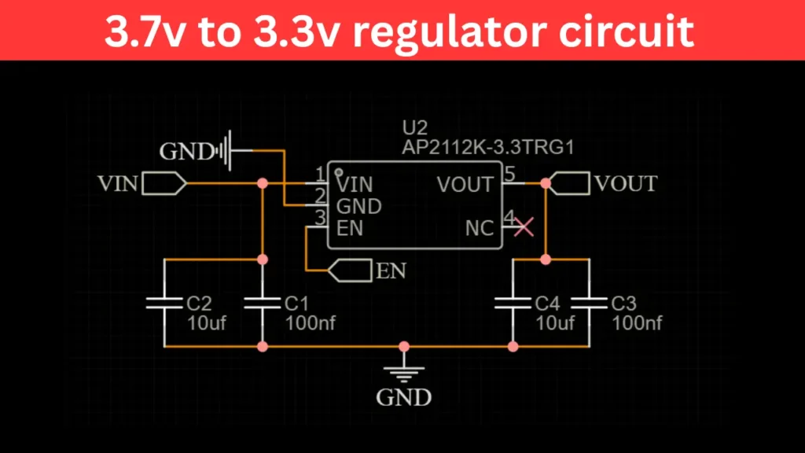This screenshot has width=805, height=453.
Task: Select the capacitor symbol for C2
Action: (164, 303)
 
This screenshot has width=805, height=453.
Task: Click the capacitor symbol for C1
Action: (263, 303)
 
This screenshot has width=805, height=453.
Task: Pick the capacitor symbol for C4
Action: (513, 303)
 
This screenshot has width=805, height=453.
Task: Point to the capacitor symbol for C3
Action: (589, 303)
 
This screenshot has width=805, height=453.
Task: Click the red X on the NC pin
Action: (524, 227)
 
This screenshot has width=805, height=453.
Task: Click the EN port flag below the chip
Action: (349, 271)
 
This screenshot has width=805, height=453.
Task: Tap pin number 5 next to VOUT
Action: (509, 175)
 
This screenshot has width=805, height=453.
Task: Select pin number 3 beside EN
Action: (319, 218)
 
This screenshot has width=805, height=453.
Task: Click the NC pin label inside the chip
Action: (480, 229)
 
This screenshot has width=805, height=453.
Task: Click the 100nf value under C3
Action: (637, 322)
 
